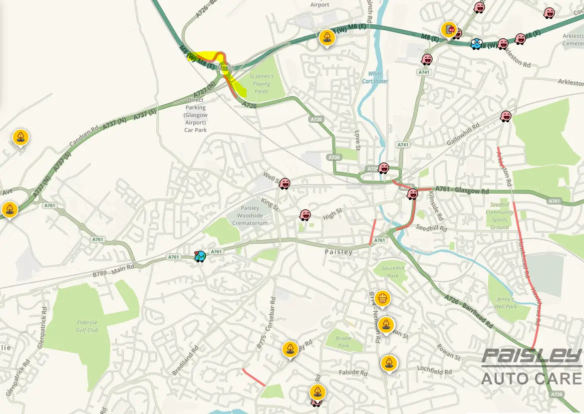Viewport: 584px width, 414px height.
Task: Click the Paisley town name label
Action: tap(338, 252)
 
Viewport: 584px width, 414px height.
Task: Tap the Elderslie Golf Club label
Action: tap(87, 326)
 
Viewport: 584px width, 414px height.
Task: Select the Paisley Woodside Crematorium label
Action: tap(250, 215)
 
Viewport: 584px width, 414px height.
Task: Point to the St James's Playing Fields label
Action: tap(262, 84)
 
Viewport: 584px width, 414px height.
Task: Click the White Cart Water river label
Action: tap(375, 77)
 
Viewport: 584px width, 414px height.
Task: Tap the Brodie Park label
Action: tap(343, 342)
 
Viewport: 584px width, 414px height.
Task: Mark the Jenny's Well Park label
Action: tap(506, 303)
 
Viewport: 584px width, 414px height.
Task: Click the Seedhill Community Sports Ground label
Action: tap(499, 216)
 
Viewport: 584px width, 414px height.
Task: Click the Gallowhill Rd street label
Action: tap(462, 135)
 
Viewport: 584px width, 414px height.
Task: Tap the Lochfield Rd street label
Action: tap(434, 370)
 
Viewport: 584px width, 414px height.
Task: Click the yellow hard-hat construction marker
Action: tap(382, 298)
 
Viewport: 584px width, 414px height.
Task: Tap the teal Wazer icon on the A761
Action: tap(200, 256)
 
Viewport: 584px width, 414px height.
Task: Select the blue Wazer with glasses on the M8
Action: tap(476, 43)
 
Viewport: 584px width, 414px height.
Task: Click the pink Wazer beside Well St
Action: tap(285, 184)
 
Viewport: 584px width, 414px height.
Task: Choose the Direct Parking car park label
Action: tap(196, 115)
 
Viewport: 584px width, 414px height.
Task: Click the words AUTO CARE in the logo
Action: tap(532, 378)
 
